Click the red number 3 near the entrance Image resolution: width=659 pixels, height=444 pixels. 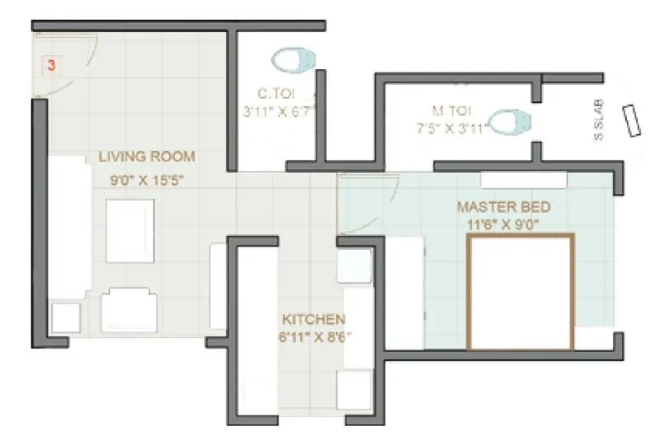point(51,65)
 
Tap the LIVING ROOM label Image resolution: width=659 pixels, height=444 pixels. point(147,156)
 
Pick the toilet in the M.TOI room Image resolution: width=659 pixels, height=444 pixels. point(510,123)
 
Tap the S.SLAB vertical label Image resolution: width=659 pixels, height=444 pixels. point(599,120)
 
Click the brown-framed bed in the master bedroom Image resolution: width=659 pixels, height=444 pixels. point(520,292)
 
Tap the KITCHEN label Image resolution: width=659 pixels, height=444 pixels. point(314,319)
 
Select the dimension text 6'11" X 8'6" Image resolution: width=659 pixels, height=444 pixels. point(314,335)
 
